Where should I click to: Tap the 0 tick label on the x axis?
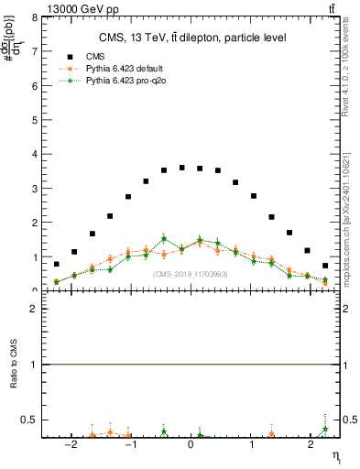(191, 446)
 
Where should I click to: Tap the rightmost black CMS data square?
(325, 266)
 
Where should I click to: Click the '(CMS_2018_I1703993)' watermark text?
(191, 274)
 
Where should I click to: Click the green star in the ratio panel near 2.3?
(325, 429)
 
